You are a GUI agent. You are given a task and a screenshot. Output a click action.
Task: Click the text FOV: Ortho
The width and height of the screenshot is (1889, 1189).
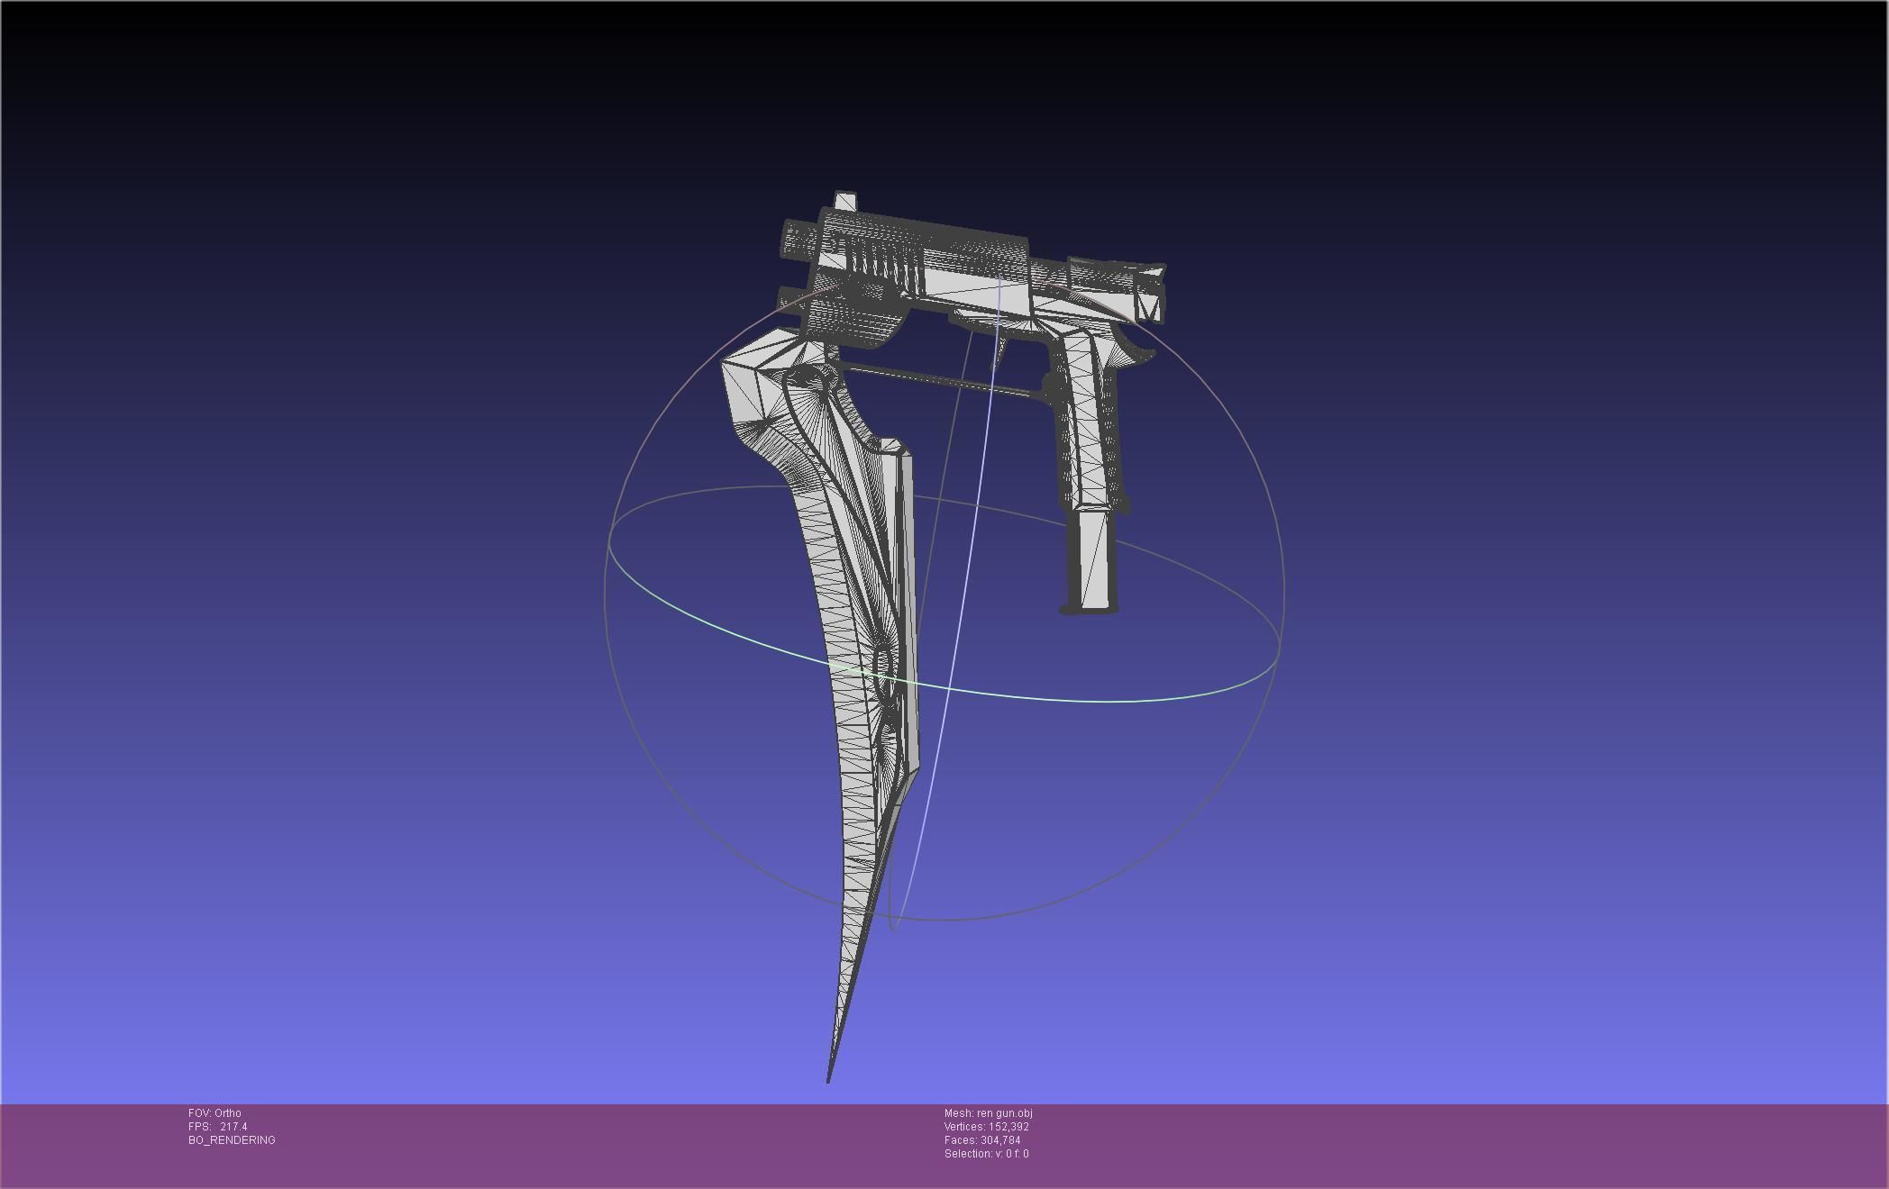tap(214, 1113)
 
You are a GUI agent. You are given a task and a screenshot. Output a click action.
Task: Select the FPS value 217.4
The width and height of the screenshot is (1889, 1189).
tap(233, 1127)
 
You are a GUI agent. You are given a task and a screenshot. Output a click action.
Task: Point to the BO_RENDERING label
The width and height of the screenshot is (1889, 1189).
tap(232, 1140)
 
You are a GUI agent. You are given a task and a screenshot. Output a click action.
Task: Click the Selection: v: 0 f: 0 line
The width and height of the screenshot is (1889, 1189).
tap(986, 1154)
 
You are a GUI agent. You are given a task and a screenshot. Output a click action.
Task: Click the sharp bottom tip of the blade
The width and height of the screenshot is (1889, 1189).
tap(829, 1079)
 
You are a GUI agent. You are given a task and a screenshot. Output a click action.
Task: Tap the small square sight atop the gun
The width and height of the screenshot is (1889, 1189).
tap(845, 201)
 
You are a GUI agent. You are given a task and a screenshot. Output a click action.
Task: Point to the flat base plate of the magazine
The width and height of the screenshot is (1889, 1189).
tap(1089, 611)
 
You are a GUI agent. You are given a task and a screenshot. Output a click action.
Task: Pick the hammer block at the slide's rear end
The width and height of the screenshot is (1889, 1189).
tap(1150, 293)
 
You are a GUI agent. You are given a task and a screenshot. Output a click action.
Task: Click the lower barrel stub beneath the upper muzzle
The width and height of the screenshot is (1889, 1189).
tap(793, 298)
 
